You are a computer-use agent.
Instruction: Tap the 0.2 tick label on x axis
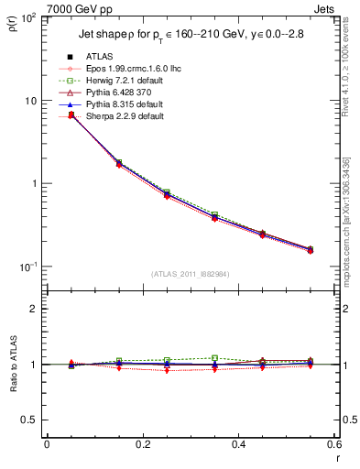(x=142, y=444)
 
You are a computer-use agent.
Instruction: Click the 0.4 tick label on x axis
(x=238, y=444)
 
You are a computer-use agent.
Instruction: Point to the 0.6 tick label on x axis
(x=333, y=444)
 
